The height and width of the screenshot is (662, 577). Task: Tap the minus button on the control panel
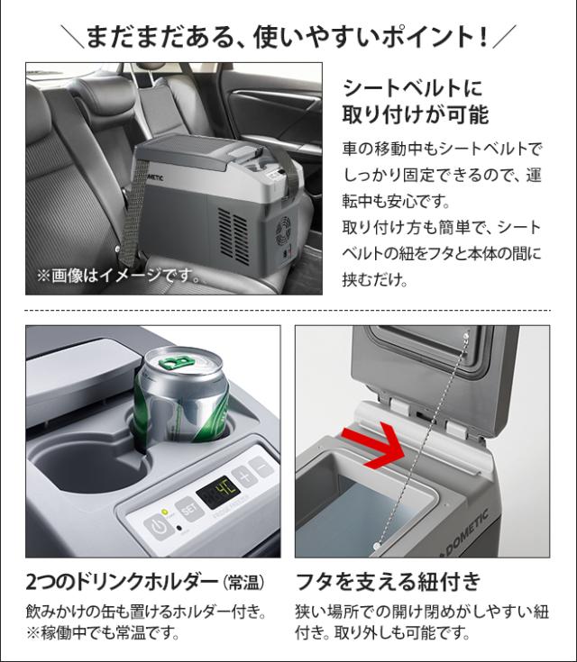pos(260,467)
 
